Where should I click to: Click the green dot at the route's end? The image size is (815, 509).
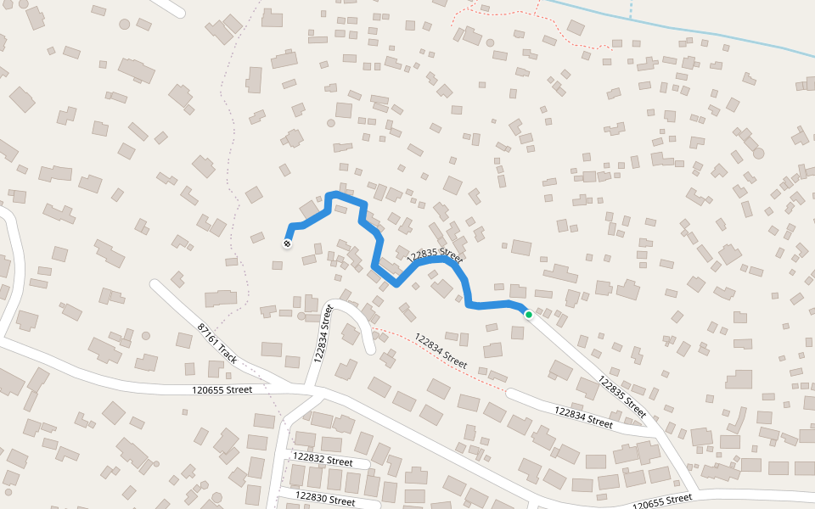click(x=528, y=315)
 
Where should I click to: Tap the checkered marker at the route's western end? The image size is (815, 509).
click(x=287, y=243)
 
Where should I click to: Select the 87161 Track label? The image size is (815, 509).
click(x=217, y=342)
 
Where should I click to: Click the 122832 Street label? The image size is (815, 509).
click(x=322, y=460)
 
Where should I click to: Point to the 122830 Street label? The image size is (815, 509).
click(x=325, y=498)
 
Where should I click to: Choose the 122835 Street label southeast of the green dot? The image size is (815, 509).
click(x=622, y=396)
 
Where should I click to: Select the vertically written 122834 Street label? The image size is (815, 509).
click(x=320, y=334)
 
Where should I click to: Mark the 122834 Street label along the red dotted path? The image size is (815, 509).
click(x=438, y=351)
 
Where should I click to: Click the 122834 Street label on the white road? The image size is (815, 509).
click(x=583, y=416)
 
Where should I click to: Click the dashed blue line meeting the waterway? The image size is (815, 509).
click(x=631, y=8)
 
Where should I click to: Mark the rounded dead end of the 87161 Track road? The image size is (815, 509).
click(x=155, y=285)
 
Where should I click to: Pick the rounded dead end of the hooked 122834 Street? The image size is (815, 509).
click(x=370, y=349)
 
